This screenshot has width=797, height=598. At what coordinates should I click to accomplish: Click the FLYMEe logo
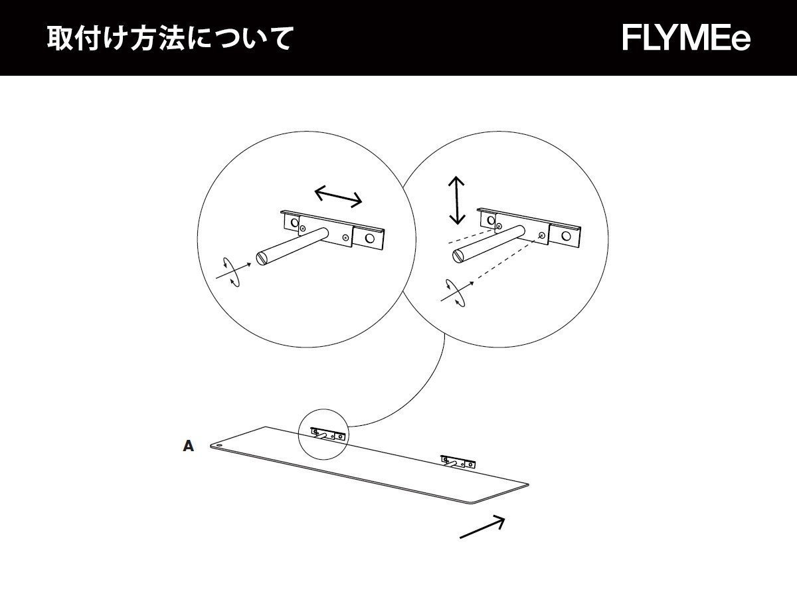tap(687, 38)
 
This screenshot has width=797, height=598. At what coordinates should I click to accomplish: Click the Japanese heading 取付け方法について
tap(170, 39)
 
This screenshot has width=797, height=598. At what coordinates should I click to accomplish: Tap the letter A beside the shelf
tap(189, 447)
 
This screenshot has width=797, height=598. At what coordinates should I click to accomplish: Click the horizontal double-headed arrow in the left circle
tap(338, 195)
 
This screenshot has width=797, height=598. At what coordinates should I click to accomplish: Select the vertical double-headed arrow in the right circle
tap(456, 200)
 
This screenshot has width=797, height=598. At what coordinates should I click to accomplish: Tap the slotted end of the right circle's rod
tap(458, 254)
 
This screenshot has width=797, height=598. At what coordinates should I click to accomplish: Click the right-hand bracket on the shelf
tap(459, 460)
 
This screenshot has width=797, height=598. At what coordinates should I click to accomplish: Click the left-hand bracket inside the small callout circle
tap(328, 435)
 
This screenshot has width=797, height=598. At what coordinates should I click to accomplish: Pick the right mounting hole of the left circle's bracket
tap(369, 237)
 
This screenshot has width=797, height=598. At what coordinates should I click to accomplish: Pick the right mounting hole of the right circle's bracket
tap(566, 235)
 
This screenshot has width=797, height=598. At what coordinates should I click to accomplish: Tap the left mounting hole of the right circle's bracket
tap(491, 219)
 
